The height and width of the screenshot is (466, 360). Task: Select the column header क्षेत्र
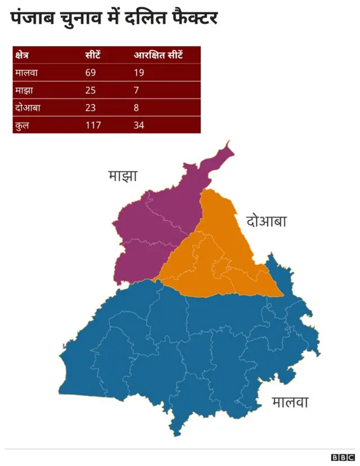click(x=22, y=56)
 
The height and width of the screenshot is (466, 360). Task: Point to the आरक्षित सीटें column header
click(x=159, y=56)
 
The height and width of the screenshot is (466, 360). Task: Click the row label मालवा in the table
click(x=28, y=73)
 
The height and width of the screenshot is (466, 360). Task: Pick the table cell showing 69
click(x=91, y=73)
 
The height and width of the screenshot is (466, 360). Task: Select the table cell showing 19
click(x=139, y=73)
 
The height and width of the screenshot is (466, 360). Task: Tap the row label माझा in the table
click(x=25, y=91)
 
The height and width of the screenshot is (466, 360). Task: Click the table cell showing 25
click(x=91, y=91)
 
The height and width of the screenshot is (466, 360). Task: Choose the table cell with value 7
click(x=136, y=91)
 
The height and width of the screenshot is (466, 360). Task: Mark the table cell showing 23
click(x=91, y=108)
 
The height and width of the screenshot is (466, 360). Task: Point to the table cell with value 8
click(x=136, y=108)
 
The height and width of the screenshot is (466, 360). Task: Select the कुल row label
click(x=23, y=125)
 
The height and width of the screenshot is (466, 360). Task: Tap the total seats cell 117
click(x=93, y=125)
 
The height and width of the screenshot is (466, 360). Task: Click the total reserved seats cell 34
click(x=139, y=125)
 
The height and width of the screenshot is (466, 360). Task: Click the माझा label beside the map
click(x=123, y=176)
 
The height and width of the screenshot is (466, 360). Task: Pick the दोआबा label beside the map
click(x=267, y=221)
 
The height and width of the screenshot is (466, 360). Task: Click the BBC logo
click(x=343, y=458)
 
